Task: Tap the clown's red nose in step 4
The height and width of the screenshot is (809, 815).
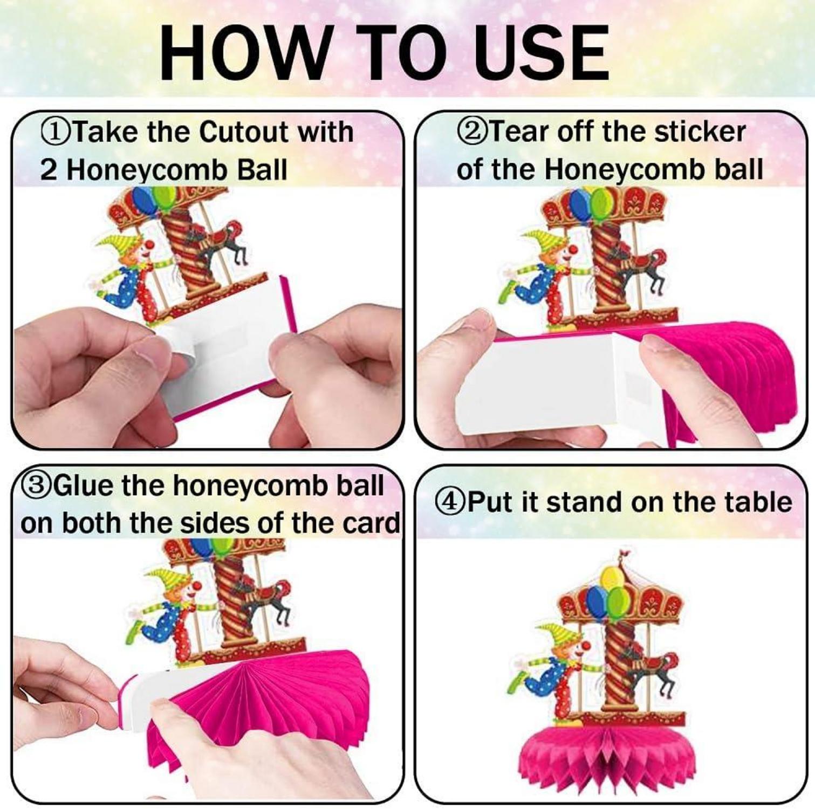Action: tap(586, 645)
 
